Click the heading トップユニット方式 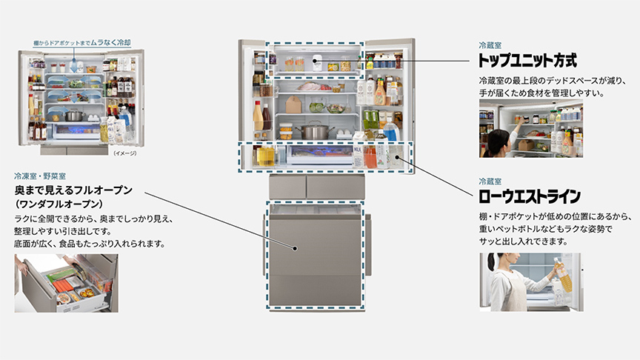pos(527,61)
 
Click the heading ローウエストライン pos(530,197)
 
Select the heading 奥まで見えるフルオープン pos(73,190)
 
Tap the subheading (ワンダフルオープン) pos(59,204)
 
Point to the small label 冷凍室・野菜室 pos(40,176)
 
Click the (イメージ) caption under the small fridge pos(125,153)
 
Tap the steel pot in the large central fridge pos(314,130)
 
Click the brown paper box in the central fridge pos(293,105)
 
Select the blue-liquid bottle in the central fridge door pos(390,130)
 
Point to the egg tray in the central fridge pos(343,133)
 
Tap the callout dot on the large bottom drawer pos(295,248)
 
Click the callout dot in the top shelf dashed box pos(315,61)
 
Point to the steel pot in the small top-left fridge pos(74,116)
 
